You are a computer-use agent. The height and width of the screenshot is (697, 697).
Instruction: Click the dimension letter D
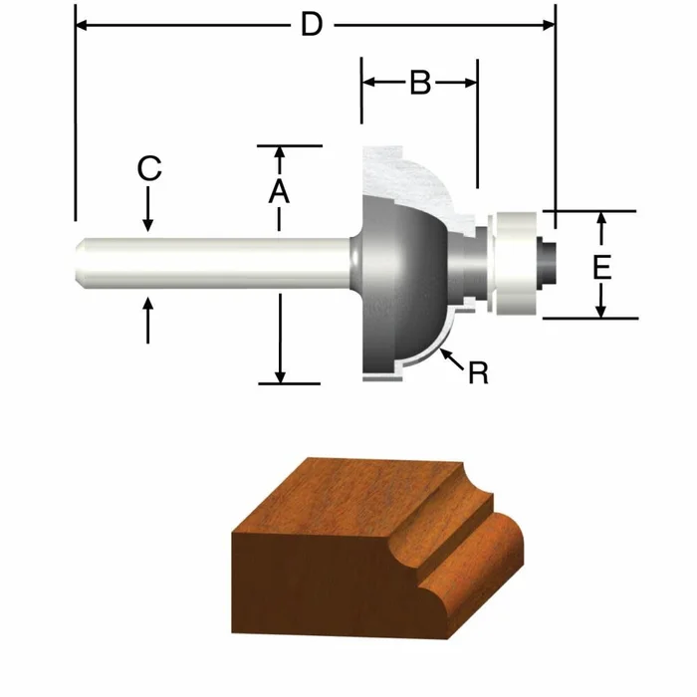coord(313,25)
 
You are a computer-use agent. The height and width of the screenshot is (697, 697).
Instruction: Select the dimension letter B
coord(419,84)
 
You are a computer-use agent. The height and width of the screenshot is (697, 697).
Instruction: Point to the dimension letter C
coord(148,169)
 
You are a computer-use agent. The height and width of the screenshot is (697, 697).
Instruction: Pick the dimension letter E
coord(600,266)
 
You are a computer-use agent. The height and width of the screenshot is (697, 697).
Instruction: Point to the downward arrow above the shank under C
coord(148,223)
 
